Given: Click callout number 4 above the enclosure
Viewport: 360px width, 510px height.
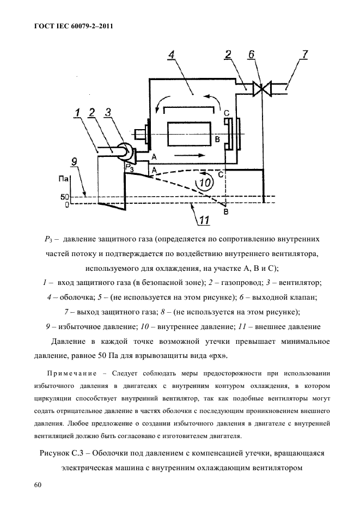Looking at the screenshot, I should point(172,56).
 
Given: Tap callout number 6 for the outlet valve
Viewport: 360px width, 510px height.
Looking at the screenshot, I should point(251,55).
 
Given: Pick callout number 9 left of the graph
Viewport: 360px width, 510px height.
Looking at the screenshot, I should point(75,161).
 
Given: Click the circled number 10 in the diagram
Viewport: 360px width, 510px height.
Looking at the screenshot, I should point(206,183).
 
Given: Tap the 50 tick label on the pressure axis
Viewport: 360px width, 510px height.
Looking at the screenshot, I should point(63,196).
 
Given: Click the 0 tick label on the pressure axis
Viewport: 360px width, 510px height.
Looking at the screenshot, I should point(65,205).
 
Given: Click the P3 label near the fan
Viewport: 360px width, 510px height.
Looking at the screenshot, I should point(129,168).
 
